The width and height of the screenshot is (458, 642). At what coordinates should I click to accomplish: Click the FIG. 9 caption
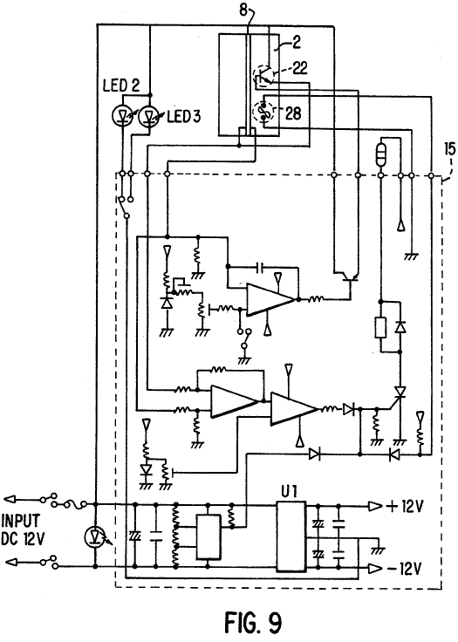(253, 622)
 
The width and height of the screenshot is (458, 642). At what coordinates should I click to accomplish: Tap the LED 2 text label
(121, 85)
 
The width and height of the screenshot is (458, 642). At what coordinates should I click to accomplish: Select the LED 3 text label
(184, 117)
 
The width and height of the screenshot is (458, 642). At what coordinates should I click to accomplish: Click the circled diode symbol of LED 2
(121, 117)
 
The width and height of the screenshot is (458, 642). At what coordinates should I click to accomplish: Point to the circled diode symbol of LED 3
(148, 117)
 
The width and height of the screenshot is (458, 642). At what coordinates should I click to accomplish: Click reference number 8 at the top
(243, 10)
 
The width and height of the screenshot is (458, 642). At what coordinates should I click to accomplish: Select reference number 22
(299, 68)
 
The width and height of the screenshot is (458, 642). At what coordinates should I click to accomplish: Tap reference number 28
(293, 113)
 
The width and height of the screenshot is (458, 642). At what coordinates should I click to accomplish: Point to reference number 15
(449, 149)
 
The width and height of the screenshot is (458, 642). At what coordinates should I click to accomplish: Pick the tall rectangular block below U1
(291, 536)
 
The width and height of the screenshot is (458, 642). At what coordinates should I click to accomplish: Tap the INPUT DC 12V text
(21, 529)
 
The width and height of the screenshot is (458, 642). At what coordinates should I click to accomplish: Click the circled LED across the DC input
(95, 536)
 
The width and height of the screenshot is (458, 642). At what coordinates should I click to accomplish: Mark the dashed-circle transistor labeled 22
(263, 76)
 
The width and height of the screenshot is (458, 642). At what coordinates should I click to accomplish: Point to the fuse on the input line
(74, 502)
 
